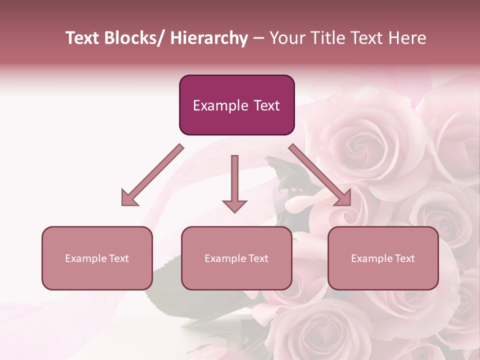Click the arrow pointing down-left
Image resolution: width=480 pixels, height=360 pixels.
tap(152, 175)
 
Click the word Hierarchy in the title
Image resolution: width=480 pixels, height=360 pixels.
tap(208, 38)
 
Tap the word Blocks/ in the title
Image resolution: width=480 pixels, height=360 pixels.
tap(136, 38)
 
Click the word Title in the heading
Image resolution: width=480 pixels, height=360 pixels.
tap(326, 38)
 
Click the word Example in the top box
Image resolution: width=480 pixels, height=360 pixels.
tap(220, 105)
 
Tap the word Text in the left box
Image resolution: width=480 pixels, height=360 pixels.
tap(119, 258)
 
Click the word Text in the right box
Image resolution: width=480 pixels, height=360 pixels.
tap(405, 258)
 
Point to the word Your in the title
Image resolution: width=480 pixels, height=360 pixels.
tap(287, 38)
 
